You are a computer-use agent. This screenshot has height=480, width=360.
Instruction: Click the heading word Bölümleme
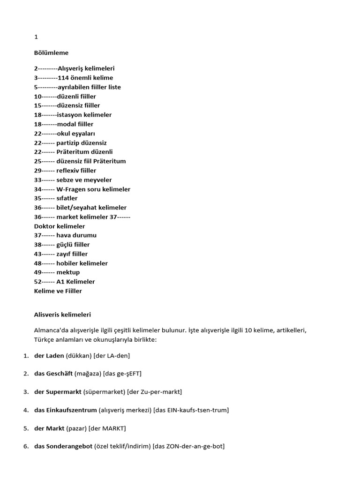tap(51, 53)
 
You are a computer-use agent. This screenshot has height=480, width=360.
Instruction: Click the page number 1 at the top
tap(36, 37)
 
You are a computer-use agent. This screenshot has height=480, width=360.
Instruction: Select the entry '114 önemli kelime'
tap(85, 78)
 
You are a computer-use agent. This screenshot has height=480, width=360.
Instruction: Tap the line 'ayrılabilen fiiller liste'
tap(89, 87)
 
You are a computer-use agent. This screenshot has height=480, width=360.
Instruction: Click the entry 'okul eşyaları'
tap(76, 134)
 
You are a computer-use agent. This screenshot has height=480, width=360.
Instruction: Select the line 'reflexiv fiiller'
tap(76, 171)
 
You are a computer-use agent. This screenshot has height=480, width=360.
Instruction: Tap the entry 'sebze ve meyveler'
tap(84, 180)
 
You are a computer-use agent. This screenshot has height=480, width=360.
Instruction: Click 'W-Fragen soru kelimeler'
tap(93, 189)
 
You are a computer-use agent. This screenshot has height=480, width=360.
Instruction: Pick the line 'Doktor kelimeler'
tap(60, 226)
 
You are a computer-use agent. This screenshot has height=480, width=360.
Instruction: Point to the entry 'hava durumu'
tap(76, 235)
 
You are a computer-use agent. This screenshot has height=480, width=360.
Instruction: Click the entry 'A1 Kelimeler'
tap(75, 282)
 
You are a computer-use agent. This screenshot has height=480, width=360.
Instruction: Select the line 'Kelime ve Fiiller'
tap(58, 291)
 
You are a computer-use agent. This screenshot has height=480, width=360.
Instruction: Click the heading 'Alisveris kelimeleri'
tap(63, 315)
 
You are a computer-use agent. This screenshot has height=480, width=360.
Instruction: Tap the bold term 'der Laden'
tap(49, 356)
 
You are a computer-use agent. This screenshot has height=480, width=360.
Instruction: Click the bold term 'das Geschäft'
tap(53, 374)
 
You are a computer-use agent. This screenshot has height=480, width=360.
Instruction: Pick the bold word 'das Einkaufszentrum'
tap(66, 410)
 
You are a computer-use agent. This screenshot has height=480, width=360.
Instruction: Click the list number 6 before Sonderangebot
tap(26, 447)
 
